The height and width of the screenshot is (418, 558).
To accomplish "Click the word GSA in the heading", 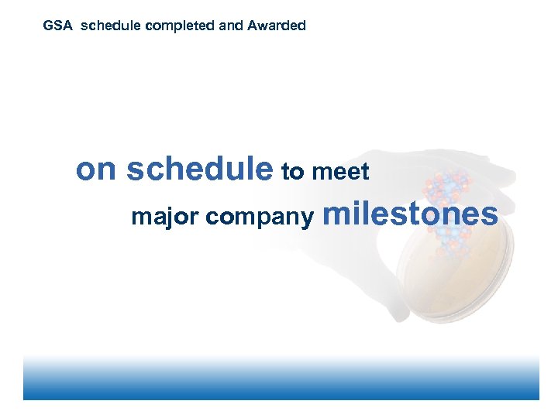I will [x=57, y=26].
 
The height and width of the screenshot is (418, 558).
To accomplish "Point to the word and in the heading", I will [x=232, y=26].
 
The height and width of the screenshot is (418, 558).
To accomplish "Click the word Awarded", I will [x=277, y=26].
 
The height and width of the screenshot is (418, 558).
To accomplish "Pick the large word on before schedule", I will [x=95, y=170].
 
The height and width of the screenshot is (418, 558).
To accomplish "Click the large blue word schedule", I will [x=200, y=170].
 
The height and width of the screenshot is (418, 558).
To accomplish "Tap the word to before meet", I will [x=293, y=172].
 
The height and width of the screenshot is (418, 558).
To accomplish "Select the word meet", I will [x=340, y=172].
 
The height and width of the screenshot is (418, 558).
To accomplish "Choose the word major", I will [x=164, y=217].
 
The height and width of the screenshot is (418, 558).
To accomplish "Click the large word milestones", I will [x=410, y=213].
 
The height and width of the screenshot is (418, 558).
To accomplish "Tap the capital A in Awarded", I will [x=253, y=26].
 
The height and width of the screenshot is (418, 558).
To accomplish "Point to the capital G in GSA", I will [x=48, y=26].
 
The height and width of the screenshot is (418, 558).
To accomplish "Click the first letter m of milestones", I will [x=336, y=214].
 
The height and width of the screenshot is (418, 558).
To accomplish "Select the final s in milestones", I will [x=490, y=214].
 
